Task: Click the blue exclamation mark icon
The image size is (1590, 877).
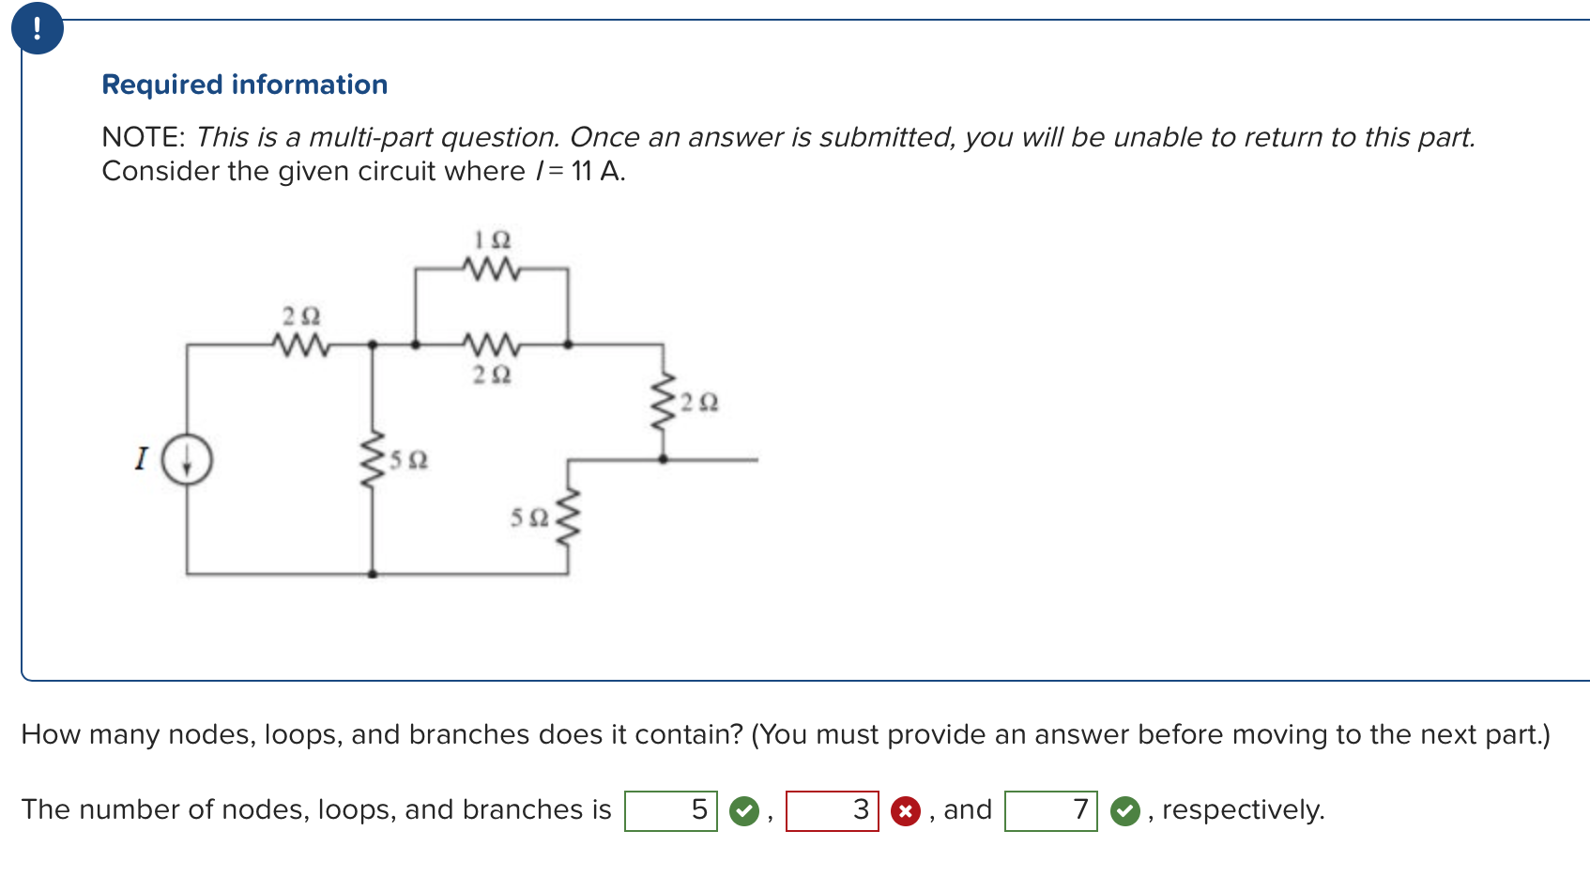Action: pos(38,28)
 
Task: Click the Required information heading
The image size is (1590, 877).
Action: pos(244,85)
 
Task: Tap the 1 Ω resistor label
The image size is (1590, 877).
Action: pos(492,240)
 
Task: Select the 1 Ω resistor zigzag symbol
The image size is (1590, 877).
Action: pos(491,269)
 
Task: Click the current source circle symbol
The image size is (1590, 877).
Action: pos(187,460)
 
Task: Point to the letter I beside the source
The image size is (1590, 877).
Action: pos(142,459)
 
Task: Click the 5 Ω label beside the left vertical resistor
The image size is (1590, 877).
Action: pos(408,460)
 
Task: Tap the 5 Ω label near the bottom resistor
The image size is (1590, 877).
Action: pos(529,517)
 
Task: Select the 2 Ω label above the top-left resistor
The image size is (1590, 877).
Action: pos(301,315)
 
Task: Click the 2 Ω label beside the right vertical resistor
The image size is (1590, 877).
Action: pos(699,403)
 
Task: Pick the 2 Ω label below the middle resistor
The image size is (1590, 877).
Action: pos(492,375)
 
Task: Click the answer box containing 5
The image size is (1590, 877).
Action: pos(671,810)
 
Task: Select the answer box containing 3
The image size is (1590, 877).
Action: pos(832,810)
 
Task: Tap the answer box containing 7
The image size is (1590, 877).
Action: pos(1050,810)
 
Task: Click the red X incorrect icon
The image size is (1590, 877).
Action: pos(905,811)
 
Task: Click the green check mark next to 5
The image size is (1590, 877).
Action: pos(744,811)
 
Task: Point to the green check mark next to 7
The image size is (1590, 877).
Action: pos(1124,811)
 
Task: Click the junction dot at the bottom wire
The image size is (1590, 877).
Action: pos(373,574)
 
